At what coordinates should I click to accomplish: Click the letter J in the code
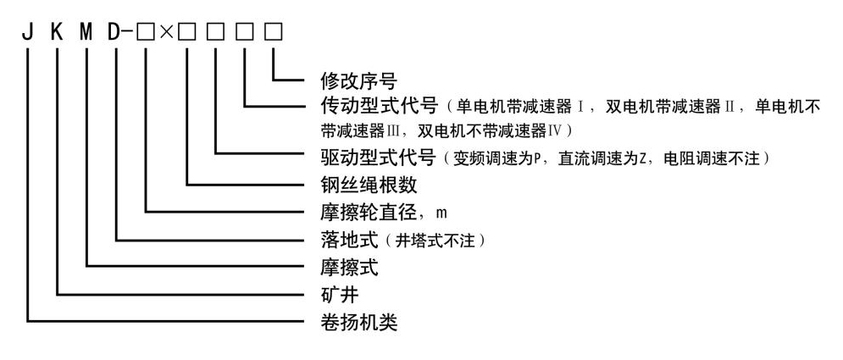(29, 35)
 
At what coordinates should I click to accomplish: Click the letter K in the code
(58, 35)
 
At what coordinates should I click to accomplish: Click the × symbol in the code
(167, 36)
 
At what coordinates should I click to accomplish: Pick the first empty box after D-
(147, 36)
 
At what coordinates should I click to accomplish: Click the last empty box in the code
(273, 36)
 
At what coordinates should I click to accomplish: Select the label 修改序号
(347, 81)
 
